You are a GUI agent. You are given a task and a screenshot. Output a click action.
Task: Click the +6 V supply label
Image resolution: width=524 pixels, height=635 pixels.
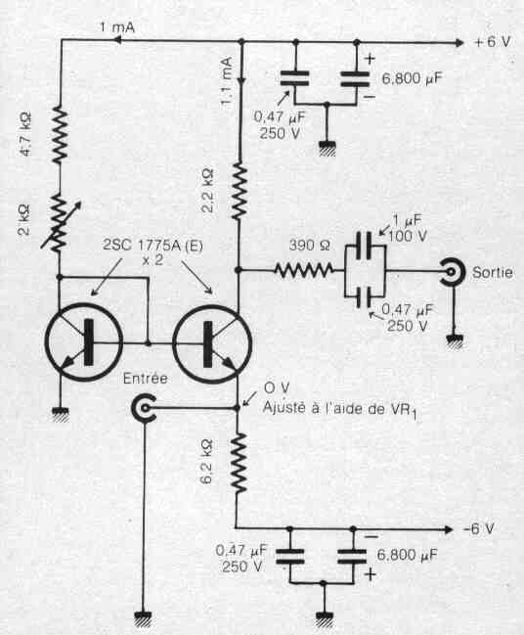tap(492, 42)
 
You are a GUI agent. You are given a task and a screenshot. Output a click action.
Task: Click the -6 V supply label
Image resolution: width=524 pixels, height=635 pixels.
tap(478, 528)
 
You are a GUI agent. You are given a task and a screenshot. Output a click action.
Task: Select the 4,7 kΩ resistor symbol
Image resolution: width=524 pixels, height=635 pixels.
tap(60, 135)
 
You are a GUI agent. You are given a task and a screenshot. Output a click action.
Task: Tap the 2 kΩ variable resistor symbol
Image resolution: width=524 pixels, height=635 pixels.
tap(61, 223)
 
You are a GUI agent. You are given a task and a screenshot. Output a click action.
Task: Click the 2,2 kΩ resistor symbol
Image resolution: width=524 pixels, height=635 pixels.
tap(240, 191)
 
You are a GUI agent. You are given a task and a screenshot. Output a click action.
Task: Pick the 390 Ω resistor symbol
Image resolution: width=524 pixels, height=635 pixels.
tap(304, 270)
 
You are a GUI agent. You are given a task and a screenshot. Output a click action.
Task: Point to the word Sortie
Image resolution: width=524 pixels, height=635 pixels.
tap(492, 272)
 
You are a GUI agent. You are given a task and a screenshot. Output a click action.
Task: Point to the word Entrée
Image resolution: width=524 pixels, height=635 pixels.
tap(145, 379)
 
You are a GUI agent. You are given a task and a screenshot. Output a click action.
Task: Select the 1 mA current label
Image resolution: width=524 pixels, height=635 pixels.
tap(117, 27)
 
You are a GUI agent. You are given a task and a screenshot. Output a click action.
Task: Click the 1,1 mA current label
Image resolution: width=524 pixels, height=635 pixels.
tap(227, 81)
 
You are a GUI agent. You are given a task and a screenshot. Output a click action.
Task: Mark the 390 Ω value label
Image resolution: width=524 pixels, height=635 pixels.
tap(310, 245)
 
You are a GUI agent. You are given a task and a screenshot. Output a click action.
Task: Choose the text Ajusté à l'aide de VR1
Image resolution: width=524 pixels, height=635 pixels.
tap(341, 409)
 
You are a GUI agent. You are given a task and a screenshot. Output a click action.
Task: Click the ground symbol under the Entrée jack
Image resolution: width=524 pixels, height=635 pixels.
tap(144, 617)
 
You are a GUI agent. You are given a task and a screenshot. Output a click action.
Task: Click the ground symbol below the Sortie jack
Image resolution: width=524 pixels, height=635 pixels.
tap(455, 340)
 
